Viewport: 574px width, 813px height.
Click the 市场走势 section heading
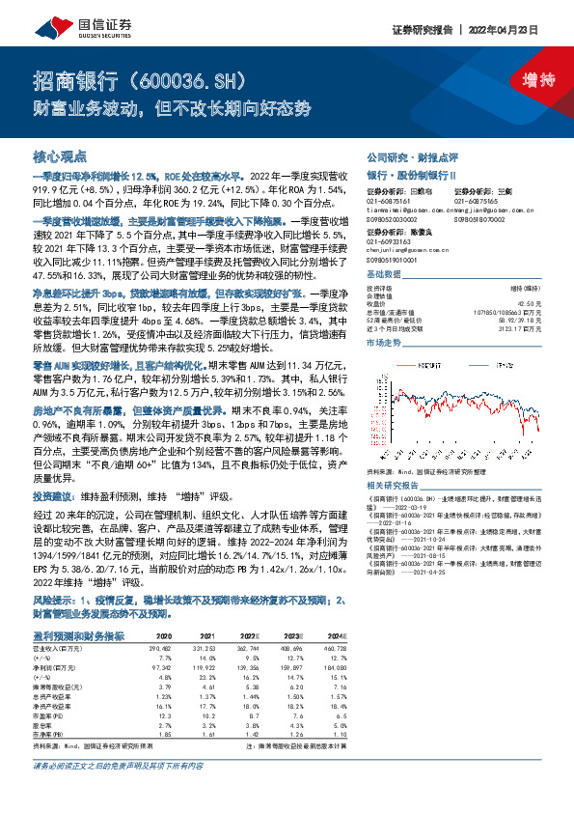(x=385, y=343)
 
